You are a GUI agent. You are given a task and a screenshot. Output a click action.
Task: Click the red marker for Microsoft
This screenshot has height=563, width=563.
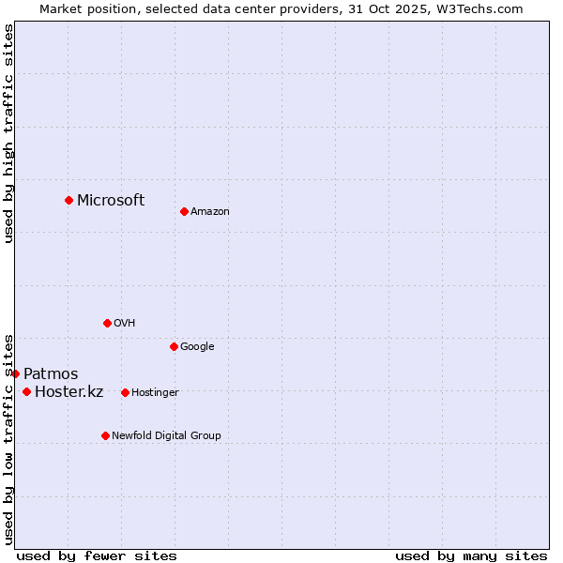tap(68, 200)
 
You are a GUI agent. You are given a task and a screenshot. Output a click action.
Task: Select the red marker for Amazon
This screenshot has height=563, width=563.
tap(184, 211)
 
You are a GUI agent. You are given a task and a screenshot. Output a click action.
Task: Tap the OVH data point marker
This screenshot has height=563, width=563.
tap(107, 323)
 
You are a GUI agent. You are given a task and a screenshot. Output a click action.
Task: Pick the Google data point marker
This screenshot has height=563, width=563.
tap(174, 346)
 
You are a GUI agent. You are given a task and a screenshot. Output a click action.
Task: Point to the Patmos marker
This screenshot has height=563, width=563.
tap(15, 373)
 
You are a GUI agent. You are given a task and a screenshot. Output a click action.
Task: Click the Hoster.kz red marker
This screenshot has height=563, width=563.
tap(26, 391)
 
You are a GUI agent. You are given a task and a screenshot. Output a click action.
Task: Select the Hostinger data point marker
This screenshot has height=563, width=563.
tap(125, 392)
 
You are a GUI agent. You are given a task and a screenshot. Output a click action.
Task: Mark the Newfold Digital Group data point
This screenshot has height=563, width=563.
tap(105, 435)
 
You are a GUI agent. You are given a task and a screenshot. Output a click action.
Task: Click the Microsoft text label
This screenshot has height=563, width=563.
tap(111, 200)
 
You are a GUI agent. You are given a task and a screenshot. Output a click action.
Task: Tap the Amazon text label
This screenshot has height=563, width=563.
tap(210, 212)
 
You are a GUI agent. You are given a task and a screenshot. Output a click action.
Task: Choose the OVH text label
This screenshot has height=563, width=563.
tap(125, 324)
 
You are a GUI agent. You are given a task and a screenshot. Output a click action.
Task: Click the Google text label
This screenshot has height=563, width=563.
tap(197, 347)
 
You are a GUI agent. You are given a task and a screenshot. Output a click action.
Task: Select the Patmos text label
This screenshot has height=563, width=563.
tap(51, 374)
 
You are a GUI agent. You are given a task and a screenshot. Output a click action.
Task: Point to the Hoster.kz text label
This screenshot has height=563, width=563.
tap(68, 392)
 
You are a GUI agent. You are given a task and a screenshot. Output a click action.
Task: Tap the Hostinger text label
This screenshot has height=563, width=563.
tap(155, 393)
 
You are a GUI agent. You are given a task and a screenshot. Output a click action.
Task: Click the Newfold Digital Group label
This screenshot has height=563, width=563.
tap(166, 436)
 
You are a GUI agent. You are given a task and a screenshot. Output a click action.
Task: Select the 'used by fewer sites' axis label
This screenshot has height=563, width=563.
tap(97, 555)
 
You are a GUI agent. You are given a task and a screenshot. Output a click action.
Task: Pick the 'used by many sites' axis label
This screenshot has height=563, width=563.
tap(471, 555)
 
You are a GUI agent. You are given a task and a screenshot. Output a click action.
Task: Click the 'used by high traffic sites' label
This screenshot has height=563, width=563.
tap(8, 133)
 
